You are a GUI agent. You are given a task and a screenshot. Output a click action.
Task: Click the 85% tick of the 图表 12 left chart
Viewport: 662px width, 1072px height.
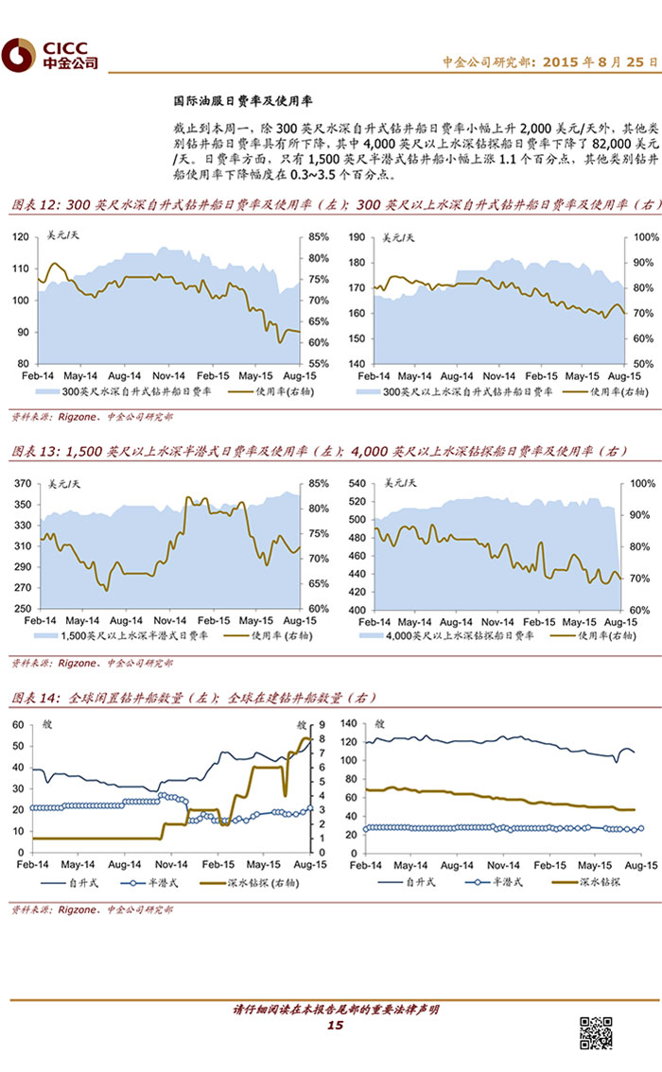(318, 236)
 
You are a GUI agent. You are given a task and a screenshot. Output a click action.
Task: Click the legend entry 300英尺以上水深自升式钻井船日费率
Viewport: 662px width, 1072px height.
(452, 389)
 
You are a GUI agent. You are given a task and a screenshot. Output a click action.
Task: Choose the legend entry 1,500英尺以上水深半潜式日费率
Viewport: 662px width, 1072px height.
(136, 636)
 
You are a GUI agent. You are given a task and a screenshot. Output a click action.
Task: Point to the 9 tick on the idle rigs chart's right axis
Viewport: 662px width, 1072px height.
(322, 724)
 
